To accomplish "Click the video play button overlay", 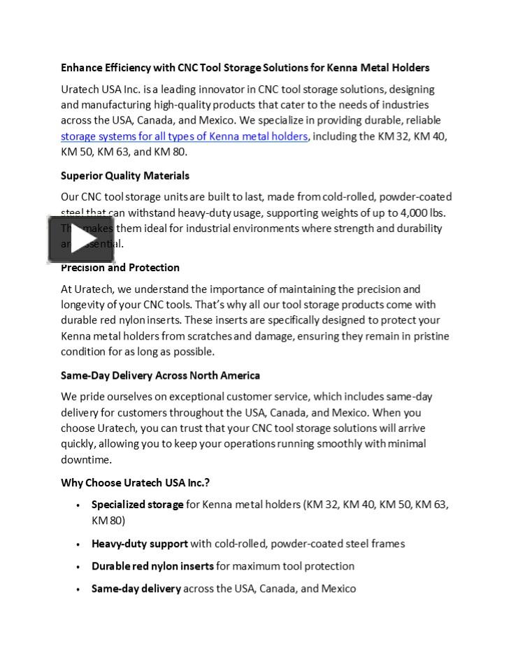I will tap(80, 239).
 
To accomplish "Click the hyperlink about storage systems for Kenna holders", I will tap(184, 136).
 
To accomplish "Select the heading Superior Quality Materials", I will tap(124, 175).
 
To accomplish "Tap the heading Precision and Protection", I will tap(120, 268).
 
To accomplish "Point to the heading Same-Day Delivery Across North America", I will tap(160, 375).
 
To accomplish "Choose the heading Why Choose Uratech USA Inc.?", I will tap(135, 483).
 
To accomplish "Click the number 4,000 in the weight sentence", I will tap(415, 212).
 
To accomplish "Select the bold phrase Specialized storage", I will tap(137, 505).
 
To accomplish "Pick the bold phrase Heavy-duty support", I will tap(139, 544).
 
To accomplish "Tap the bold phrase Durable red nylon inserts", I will tap(152, 566).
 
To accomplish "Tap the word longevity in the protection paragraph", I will tap(85, 305).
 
